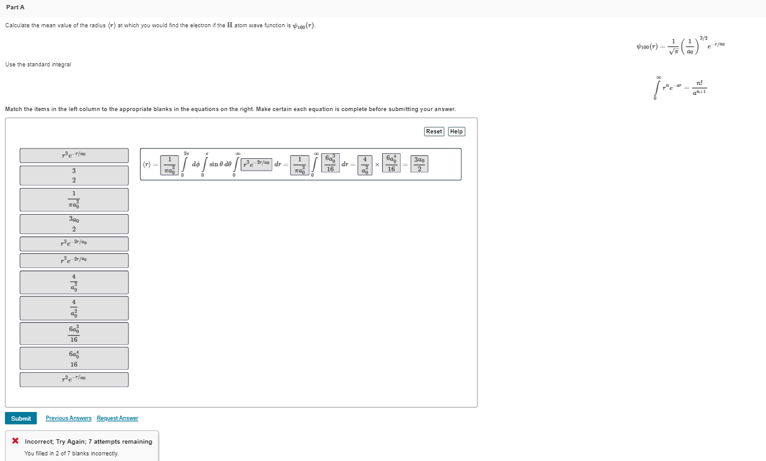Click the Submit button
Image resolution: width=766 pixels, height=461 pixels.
click(20, 418)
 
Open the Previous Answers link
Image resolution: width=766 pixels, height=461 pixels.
click(68, 418)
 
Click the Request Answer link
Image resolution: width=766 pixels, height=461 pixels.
click(117, 418)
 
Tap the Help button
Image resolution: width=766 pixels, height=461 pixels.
click(456, 132)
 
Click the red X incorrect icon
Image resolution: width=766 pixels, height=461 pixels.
click(15, 441)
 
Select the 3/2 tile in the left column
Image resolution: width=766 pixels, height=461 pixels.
click(74, 176)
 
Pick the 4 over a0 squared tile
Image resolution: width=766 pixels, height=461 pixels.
click(74, 308)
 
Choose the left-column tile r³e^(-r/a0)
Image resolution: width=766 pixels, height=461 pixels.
click(74, 155)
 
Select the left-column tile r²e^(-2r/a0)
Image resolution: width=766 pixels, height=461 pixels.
click(74, 244)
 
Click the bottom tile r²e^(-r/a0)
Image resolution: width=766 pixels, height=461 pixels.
click(74, 379)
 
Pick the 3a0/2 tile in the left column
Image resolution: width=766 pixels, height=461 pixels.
click(74, 224)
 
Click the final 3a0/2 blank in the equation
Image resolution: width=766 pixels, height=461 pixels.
click(419, 164)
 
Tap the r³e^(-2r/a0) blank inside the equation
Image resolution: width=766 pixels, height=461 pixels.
click(256, 164)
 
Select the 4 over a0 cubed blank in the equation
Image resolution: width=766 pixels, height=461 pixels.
click(365, 164)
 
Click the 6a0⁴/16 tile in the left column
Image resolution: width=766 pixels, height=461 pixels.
click(74, 359)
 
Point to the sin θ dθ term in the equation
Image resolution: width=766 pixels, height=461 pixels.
click(220, 164)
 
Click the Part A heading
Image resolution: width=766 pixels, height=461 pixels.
click(14, 7)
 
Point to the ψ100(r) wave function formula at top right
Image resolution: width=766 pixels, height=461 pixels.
click(680, 46)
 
